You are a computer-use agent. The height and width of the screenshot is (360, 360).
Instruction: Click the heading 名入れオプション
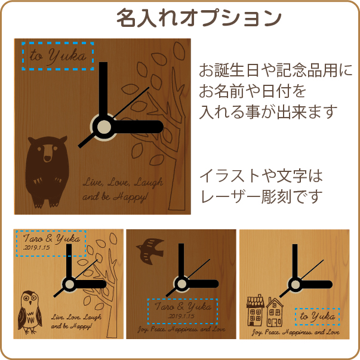(199, 18)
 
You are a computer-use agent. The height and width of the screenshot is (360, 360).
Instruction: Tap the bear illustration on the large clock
(47, 172)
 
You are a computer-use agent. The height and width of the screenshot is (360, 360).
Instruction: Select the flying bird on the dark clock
(150, 251)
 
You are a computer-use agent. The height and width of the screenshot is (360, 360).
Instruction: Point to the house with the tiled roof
(255, 310)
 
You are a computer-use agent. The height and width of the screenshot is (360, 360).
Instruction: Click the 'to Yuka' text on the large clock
(58, 56)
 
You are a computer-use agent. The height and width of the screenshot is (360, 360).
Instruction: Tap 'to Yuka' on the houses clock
(318, 317)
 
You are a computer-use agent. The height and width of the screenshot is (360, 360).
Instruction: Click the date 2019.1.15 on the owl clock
(37, 248)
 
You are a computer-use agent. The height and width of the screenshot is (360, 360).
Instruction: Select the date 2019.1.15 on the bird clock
(181, 316)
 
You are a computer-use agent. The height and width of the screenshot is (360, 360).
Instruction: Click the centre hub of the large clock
(104, 127)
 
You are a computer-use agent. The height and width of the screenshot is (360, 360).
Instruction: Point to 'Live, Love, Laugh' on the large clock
(123, 183)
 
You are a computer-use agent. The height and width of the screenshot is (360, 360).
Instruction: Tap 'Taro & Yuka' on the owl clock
(51, 239)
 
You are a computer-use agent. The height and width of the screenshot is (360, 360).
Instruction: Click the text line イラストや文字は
(261, 176)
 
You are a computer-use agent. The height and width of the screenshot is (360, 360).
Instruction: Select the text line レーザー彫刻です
(261, 197)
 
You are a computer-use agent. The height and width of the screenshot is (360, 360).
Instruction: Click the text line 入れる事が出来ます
(268, 112)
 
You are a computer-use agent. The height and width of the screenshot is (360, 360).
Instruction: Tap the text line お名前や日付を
(253, 91)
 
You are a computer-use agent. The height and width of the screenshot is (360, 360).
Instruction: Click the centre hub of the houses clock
(296, 285)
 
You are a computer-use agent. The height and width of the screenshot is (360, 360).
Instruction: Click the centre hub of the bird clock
(181, 284)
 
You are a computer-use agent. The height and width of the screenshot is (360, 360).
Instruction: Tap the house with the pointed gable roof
(275, 312)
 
